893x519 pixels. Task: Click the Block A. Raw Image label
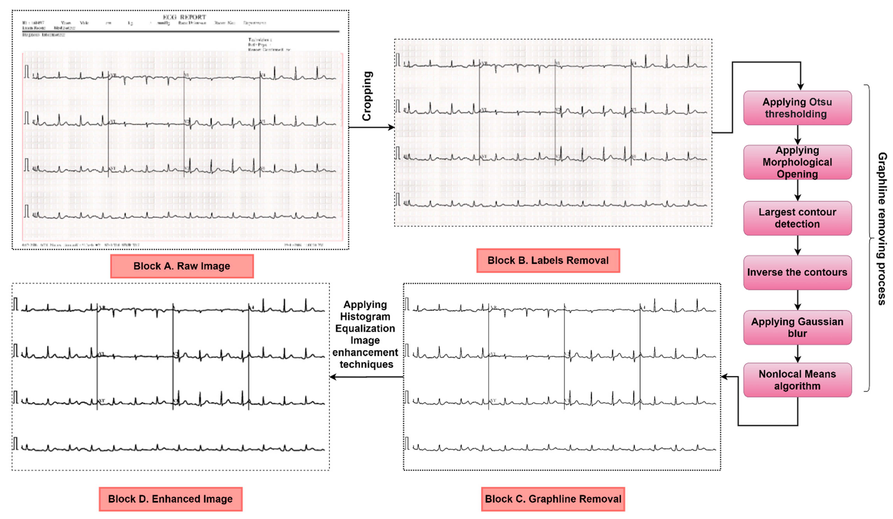182,266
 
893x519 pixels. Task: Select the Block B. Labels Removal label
548,260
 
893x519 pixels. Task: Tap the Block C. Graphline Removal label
553,499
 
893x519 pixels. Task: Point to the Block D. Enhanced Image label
171,499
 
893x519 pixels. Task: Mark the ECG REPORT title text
184,17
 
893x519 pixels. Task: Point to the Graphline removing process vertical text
882,229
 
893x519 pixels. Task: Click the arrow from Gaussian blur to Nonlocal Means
797,353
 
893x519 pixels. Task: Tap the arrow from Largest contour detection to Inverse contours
797,245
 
